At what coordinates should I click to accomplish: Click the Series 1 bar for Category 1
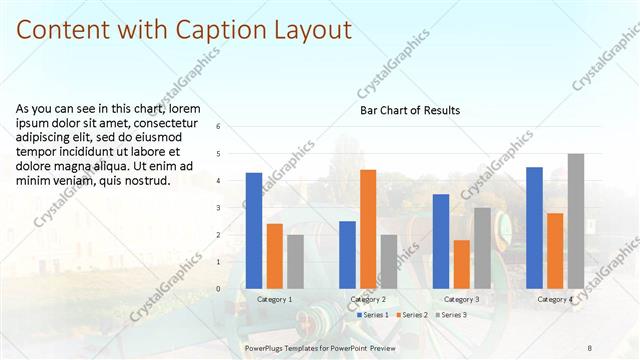click(254, 231)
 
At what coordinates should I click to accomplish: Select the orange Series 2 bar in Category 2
click(368, 229)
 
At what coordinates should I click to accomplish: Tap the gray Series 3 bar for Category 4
click(576, 221)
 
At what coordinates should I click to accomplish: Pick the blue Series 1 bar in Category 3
click(441, 241)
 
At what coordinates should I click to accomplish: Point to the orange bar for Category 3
click(462, 264)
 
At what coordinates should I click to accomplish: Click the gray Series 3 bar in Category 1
click(296, 261)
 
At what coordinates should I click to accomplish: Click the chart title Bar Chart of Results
click(410, 110)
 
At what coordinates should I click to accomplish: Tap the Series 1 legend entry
click(375, 315)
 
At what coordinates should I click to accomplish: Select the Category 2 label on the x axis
click(368, 299)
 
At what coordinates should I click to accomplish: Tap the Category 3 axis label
click(462, 299)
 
